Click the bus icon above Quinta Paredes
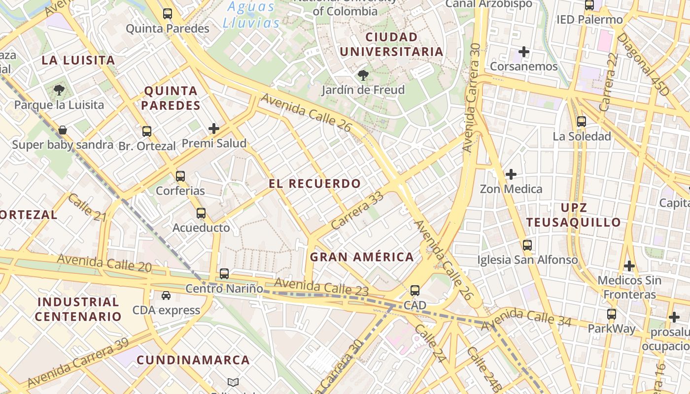point(168,14)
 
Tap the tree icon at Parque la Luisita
point(59,90)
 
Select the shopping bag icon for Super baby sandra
point(63,130)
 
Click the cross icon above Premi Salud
point(214,129)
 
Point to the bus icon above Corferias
point(180,176)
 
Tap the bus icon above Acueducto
point(201,213)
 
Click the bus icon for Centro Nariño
point(224,274)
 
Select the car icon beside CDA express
point(166,295)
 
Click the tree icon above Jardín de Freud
point(363,75)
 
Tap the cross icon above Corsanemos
point(524,51)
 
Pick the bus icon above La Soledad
point(582,122)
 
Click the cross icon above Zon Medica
point(511,174)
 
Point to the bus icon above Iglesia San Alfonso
point(527,245)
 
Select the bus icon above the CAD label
point(415,291)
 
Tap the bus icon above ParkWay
point(612,314)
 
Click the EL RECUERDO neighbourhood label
point(315,184)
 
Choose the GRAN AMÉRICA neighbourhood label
point(362,257)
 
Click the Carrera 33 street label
point(357,210)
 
